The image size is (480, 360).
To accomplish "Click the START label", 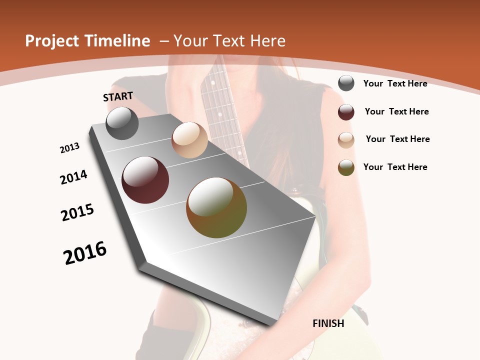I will (x=118, y=96).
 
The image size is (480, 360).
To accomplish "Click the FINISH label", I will (x=328, y=323).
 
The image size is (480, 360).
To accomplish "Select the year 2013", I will (x=69, y=148).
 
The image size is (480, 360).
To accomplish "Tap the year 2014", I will (x=73, y=177).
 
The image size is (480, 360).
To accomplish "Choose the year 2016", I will (x=85, y=252).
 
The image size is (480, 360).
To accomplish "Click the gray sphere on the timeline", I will (x=122, y=123).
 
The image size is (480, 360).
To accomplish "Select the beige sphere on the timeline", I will (x=189, y=140).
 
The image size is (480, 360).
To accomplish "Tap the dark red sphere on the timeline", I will (x=145, y=180).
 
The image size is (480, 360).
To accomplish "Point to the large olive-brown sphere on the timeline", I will (x=216, y=207).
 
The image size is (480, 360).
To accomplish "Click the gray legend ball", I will (x=346, y=83).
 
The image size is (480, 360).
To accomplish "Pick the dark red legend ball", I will (x=346, y=112).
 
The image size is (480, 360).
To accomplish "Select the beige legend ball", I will (x=346, y=140).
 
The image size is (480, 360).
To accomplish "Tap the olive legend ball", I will (x=346, y=167).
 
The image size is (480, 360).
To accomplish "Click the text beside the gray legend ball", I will (x=395, y=83).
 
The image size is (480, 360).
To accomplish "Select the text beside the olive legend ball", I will (x=395, y=167).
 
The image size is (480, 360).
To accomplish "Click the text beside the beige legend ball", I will (x=397, y=139).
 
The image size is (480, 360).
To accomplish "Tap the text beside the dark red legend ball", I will (x=396, y=111).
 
